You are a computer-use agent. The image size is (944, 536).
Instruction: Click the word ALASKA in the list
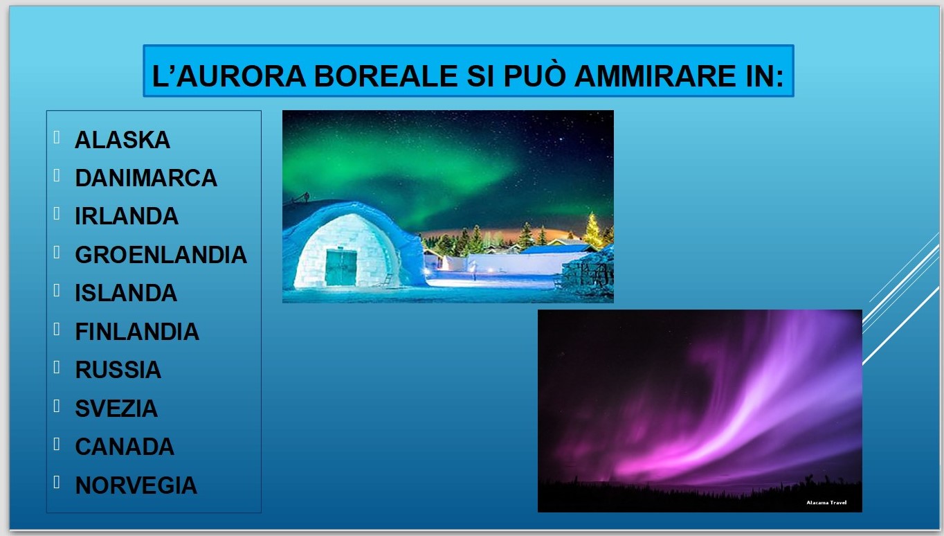[x=122, y=140]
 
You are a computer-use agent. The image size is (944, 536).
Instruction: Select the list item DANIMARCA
[x=146, y=178]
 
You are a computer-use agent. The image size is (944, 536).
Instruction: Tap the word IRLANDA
[x=127, y=216]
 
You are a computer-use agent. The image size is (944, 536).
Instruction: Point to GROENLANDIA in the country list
[x=161, y=255]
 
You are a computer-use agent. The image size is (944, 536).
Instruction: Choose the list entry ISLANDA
[x=126, y=293]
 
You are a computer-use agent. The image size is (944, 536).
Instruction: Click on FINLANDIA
[x=137, y=332]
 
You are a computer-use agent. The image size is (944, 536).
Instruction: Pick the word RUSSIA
[x=118, y=370]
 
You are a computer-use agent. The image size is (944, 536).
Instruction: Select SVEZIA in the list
[x=116, y=408]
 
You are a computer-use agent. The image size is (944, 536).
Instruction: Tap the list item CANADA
[x=125, y=447]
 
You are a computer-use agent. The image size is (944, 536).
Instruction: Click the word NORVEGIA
[x=136, y=485]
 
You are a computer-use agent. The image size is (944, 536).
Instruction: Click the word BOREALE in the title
[x=385, y=76]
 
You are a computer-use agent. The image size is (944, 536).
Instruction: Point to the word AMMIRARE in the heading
[x=655, y=76]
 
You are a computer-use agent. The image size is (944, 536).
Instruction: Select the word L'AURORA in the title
[x=229, y=76]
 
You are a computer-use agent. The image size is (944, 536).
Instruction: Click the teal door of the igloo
[x=341, y=267]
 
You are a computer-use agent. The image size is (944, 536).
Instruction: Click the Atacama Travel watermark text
[x=826, y=502]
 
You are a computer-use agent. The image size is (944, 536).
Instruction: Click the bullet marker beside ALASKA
[x=57, y=137]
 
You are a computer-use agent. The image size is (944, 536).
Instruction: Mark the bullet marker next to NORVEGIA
[x=57, y=482]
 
